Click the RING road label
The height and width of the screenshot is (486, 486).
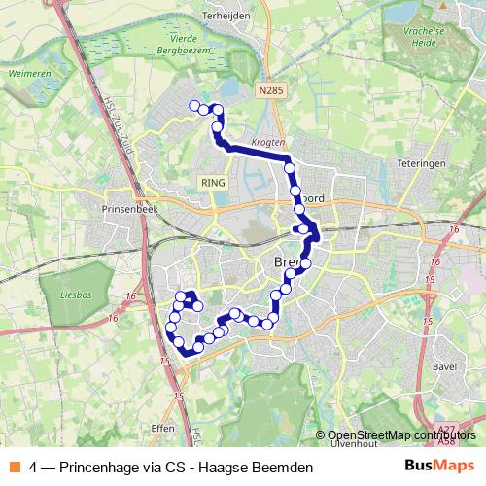pos(212,182)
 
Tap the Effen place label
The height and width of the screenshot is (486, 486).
pos(163,427)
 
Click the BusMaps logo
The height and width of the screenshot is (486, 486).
pos(438,466)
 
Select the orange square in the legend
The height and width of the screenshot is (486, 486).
pos(15,468)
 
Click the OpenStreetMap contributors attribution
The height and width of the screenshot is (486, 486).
pos(399,434)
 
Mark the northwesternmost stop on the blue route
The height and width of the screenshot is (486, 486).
pos(194,106)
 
